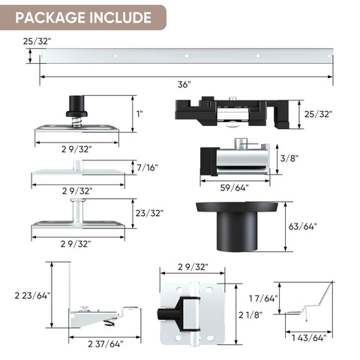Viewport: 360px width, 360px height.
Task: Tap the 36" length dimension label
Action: click(184, 84)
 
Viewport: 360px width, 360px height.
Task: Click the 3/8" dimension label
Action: click(287, 159)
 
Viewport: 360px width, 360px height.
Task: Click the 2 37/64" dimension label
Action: click(105, 344)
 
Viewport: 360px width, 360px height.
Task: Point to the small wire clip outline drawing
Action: click(310, 304)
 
